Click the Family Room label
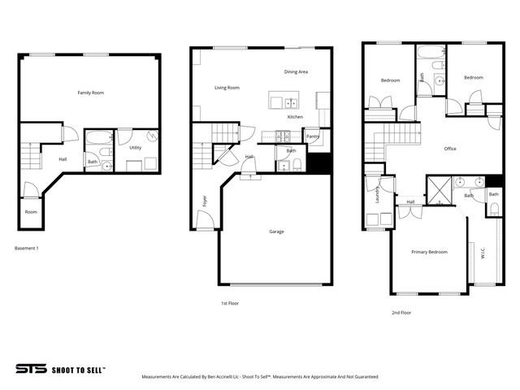[90, 93]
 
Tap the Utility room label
[136, 148]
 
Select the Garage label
[276, 232]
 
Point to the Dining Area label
[296, 71]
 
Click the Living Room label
[227, 88]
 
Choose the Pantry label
[313, 136]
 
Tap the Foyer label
[204, 201]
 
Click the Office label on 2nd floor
[450, 149]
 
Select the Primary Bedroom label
[429, 252]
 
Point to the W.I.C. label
[483, 253]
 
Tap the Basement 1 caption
[28, 247]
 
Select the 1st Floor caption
[230, 303]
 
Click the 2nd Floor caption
[401, 312]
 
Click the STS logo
[30, 368]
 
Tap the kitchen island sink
[290, 102]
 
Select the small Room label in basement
[31, 212]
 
